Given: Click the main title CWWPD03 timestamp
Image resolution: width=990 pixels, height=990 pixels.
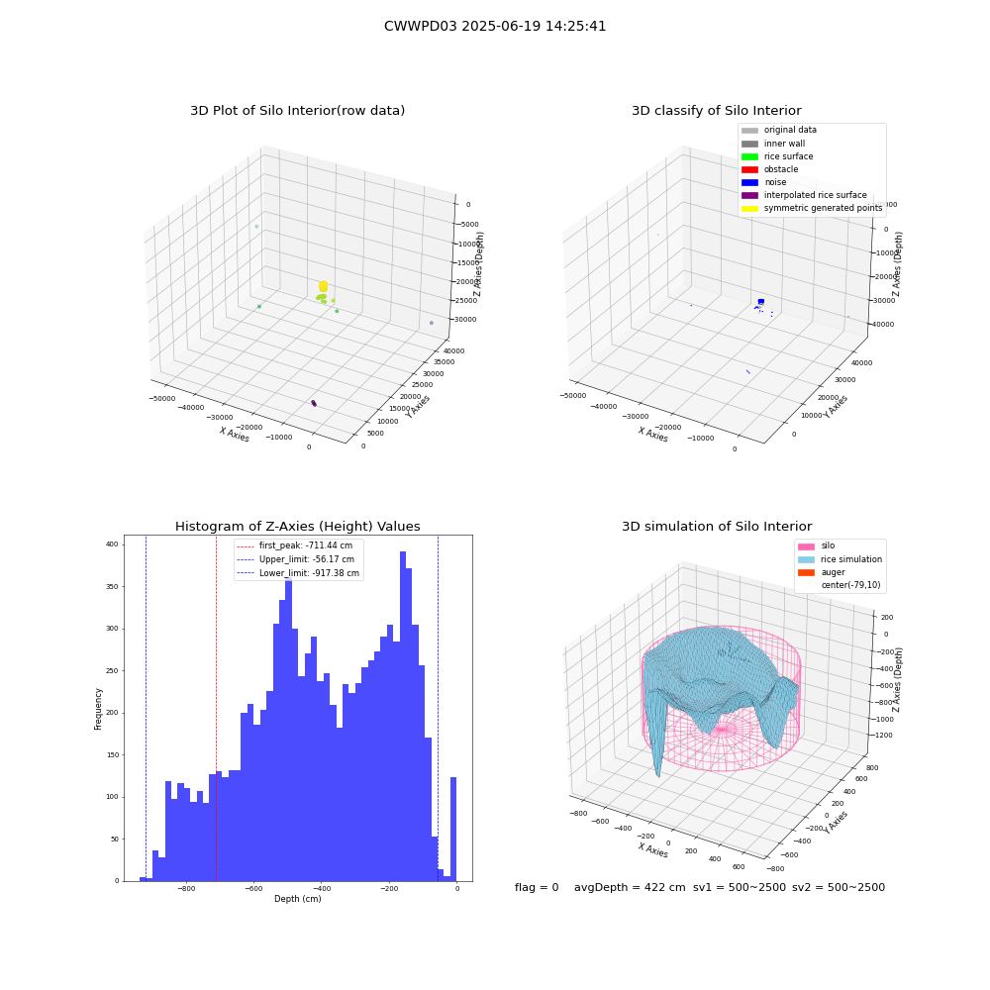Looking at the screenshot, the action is [x=495, y=27].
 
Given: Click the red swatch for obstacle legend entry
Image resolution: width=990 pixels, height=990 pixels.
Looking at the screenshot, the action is [x=749, y=169].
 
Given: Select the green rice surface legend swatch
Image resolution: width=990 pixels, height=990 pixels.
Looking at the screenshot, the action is [x=749, y=156].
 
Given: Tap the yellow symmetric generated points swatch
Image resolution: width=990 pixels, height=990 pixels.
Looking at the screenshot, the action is [x=749, y=208].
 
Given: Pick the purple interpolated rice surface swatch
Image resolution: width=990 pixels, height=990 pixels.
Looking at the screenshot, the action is [x=749, y=195].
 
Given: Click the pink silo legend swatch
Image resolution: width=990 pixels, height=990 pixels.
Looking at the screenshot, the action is [x=806, y=546].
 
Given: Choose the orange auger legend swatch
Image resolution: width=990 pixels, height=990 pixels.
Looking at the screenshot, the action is [x=806, y=572].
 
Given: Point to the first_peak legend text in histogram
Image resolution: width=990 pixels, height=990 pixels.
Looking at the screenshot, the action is [x=306, y=545].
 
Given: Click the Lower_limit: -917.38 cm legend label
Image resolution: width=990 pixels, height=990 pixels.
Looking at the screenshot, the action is [x=309, y=573].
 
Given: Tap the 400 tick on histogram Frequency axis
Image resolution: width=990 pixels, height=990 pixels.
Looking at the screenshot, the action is [x=112, y=544].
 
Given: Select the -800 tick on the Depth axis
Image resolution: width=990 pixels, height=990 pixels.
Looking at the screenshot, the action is [x=186, y=888].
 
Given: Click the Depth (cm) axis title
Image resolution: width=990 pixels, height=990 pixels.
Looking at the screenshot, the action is [x=297, y=899].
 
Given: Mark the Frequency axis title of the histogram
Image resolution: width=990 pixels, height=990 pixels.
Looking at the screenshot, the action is [x=98, y=709].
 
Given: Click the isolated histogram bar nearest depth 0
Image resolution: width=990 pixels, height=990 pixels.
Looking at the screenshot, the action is [x=452, y=829].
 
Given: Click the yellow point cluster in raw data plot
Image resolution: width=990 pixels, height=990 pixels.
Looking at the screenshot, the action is [x=324, y=286].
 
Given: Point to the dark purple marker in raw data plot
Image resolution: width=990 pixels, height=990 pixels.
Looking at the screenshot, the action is [x=314, y=403].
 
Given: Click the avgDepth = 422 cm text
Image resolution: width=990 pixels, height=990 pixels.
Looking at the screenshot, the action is [x=630, y=887].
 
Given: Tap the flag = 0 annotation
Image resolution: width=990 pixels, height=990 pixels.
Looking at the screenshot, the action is [x=537, y=887].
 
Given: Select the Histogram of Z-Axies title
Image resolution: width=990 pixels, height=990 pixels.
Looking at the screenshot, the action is [x=297, y=527].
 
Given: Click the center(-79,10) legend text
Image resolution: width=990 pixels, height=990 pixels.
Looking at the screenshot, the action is [x=850, y=585].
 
